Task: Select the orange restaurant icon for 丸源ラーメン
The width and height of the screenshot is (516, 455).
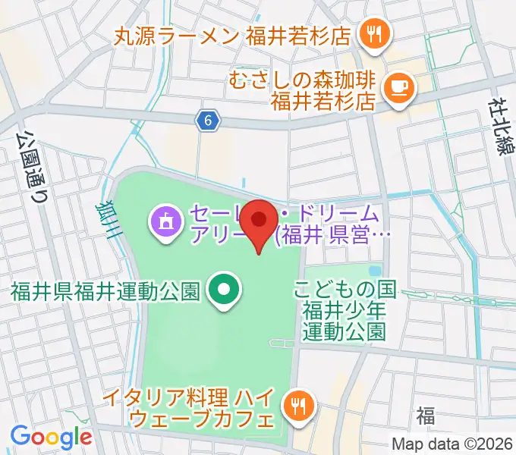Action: pyautogui.click(x=374, y=33)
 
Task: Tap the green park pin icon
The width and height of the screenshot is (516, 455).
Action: pyautogui.click(x=224, y=291)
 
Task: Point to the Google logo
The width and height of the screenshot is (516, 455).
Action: pyautogui.click(x=51, y=437)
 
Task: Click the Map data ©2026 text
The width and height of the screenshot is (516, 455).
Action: pyautogui.click(x=453, y=444)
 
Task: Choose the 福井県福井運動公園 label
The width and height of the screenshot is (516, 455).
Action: pyautogui.click(x=105, y=291)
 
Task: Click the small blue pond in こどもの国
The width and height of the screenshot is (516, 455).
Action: pyautogui.click(x=373, y=271)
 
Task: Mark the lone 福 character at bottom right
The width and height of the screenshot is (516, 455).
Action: pyautogui.click(x=425, y=415)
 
